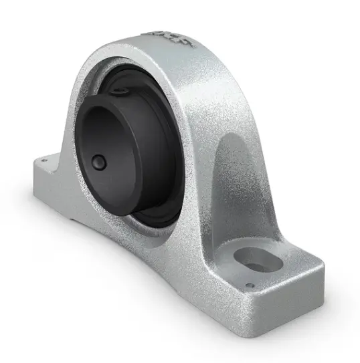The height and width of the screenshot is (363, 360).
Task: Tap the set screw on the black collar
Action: tap(98, 162)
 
